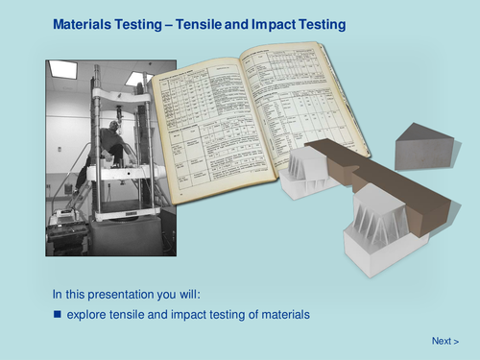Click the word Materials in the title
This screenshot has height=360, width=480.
coord(84,23)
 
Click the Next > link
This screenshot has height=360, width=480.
coord(444,341)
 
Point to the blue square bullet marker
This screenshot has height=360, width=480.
coord(57,314)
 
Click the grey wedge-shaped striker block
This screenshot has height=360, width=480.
coord(423,147)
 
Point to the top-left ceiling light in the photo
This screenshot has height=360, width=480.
coord(63,70)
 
